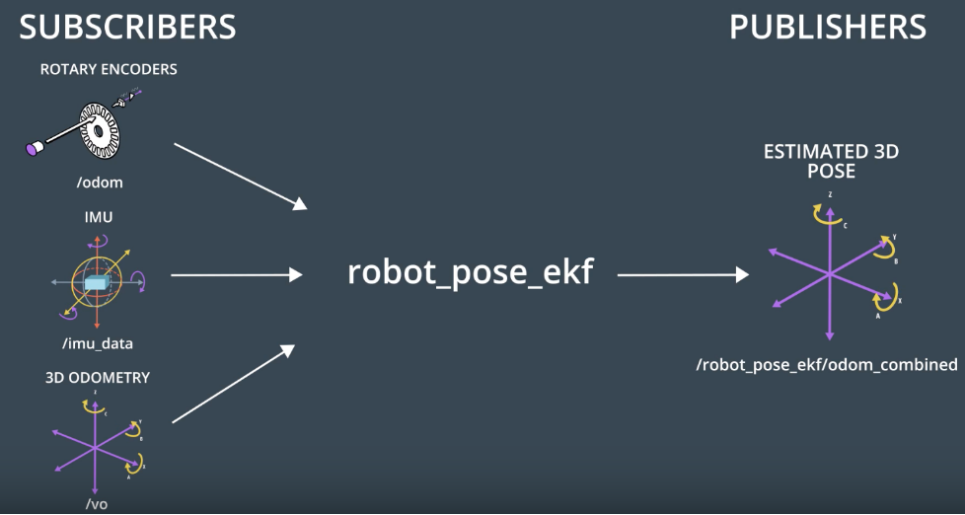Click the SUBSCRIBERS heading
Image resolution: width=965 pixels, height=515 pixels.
(x=127, y=27)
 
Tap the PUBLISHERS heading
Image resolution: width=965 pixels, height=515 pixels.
(x=827, y=27)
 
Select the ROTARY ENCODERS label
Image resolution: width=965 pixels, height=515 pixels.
(x=109, y=70)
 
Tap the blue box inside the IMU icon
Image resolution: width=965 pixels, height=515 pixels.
(x=95, y=284)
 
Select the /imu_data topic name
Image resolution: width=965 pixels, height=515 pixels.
(x=95, y=343)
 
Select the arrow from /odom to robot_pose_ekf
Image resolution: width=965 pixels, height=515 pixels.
(x=240, y=176)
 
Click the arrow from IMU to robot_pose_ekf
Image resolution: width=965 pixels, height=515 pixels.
(x=237, y=275)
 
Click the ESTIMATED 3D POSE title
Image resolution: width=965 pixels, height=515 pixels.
(x=831, y=161)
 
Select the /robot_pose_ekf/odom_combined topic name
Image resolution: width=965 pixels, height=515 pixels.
(x=827, y=365)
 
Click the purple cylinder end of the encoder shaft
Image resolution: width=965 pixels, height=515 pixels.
(x=35, y=148)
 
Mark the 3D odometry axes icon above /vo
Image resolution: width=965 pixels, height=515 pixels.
(x=96, y=445)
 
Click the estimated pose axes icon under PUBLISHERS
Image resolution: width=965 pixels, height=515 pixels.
(x=831, y=270)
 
